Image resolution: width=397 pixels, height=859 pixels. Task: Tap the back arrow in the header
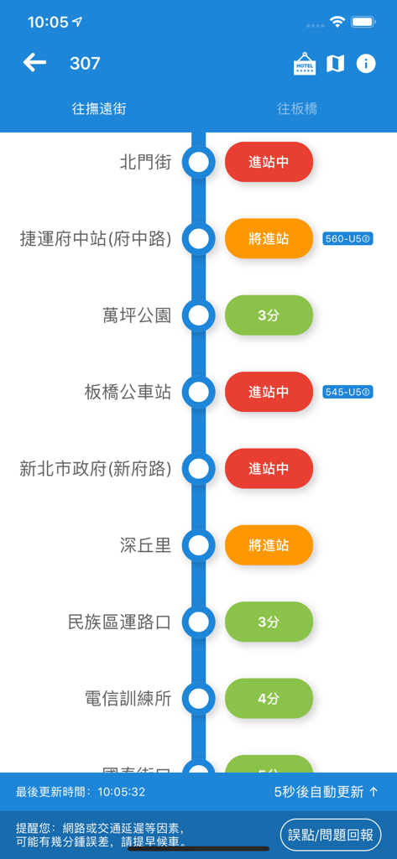34,63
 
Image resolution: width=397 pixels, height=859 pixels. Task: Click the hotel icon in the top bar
305,64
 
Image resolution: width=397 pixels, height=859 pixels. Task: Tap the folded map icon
335,64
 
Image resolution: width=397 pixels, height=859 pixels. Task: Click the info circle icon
366,64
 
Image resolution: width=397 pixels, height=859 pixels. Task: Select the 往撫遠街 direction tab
99,109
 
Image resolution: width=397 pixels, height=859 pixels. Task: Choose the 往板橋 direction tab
297,109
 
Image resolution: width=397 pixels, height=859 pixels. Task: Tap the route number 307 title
85,64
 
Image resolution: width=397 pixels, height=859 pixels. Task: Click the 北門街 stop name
145,162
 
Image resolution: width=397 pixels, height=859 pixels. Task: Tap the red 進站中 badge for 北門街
269,162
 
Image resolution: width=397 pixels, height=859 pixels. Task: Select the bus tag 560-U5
347,239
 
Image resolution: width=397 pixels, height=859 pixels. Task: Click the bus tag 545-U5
347,392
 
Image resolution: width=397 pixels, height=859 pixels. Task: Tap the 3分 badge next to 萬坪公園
269,315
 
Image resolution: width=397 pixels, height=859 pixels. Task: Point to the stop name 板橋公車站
128,392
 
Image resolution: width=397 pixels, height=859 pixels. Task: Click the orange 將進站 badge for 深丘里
269,545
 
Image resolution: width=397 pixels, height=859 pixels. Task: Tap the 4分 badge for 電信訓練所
269,698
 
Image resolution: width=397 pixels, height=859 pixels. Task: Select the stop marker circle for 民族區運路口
199,622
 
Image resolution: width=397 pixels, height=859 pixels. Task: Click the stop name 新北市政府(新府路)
95,469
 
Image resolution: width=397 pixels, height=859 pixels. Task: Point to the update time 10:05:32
121,792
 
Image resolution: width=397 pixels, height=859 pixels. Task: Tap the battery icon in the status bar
363,22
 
